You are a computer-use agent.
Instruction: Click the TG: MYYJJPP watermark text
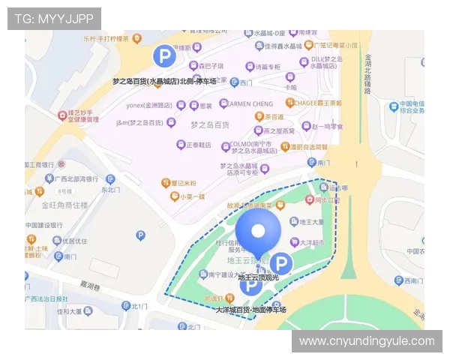tap(54, 18)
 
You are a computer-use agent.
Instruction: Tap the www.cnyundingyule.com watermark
tap(366, 341)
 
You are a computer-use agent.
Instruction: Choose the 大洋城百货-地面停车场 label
tap(251, 309)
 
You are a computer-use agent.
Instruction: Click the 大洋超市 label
tap(310, 242)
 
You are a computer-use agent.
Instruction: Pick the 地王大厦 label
tap(310, 222)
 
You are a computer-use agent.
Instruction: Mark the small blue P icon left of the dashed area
tap(140, 235)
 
